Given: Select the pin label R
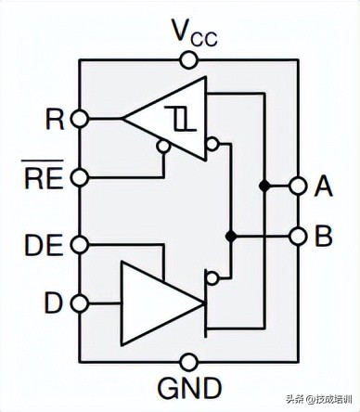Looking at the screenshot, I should click(55, 118).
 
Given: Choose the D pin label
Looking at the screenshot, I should click(55, 303).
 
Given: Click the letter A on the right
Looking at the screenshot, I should click(324, 187).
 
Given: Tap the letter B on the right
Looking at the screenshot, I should click(324, 237).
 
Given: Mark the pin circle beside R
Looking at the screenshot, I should click(80, 118).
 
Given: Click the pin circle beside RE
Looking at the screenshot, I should click(80, 176).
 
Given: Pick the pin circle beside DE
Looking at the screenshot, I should click(80, 244).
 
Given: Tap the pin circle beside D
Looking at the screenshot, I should click(80, 303).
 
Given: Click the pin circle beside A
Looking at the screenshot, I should click(297, 187).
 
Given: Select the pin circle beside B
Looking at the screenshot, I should click(297, 237).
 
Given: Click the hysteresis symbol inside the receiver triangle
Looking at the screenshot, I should click(180, 118).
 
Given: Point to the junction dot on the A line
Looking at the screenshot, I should click(264, 187).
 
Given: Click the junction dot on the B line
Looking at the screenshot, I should click(231, 237).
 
